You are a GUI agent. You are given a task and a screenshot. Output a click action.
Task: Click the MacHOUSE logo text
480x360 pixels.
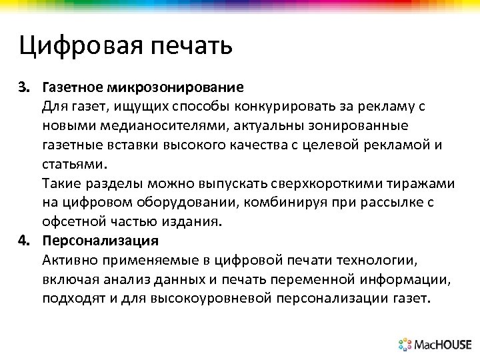point(442,345)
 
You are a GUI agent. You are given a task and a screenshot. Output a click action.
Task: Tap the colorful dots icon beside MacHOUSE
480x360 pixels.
point(405,344)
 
